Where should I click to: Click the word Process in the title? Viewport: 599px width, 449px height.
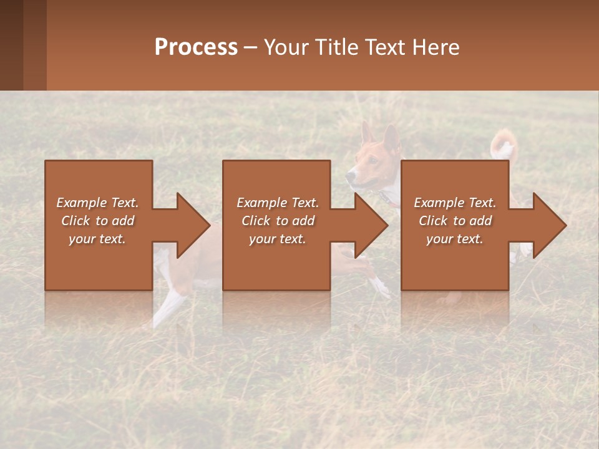tap(196, 47)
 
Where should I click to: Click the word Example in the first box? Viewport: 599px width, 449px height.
tap(81, 203)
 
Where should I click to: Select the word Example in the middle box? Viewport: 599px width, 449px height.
tap(261, 203)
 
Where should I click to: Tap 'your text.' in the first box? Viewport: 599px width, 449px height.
tap(97, 239)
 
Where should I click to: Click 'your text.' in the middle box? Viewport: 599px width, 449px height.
tap(277, 239)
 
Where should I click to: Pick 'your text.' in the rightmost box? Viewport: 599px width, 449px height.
tap(455, 239)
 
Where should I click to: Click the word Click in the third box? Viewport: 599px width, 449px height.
tap(433, 221)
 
